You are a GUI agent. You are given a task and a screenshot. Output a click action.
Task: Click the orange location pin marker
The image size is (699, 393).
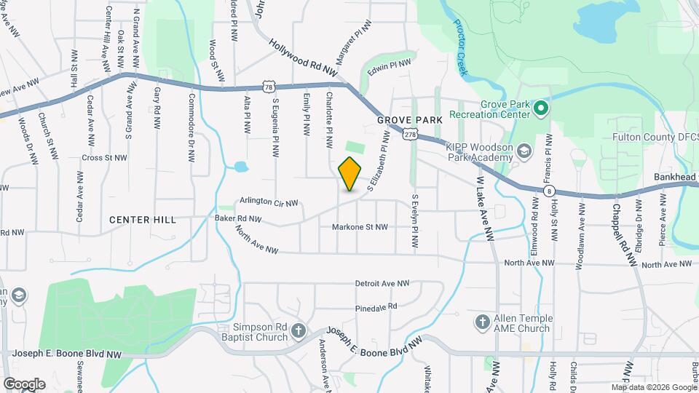tap(349, 174)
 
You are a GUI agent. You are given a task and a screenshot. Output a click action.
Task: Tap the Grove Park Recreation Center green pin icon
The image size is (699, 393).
tap(540, 110)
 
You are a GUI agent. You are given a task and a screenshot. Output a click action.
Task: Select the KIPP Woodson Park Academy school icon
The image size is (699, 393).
tap(524, 151)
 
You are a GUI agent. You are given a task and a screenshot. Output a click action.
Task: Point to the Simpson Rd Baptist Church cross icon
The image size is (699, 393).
tap(299, 332)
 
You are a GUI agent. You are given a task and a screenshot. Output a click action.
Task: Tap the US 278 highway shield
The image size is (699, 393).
tap(411, 135)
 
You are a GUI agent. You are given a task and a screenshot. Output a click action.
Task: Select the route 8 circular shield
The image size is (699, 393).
tap(549, 191)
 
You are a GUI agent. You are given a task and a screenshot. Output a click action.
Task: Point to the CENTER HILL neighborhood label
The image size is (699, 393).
tap(142, 219)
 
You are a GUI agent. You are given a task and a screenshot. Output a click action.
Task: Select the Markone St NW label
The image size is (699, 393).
tap(360, 227)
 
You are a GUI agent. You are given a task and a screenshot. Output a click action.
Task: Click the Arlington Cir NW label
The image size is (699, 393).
tap(269, 203)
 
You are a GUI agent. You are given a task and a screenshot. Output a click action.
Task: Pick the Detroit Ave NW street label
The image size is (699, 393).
tap(382, 283)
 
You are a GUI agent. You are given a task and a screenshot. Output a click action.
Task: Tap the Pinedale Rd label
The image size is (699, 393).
tap(376, 307)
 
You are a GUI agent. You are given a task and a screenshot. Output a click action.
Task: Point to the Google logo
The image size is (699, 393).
tap(24, 384)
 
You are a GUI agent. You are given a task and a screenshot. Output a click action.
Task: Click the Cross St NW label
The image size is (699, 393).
tap(105, 157)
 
